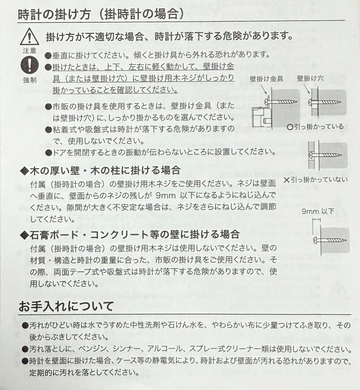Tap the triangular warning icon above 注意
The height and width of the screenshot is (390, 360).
(29, 37)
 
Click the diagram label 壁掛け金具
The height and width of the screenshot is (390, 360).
(266, 78)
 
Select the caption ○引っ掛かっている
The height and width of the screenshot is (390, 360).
(315, 126)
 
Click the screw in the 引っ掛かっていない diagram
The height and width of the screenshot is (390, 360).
(325, 155)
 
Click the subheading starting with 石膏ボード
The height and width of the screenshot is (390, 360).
(134, 234)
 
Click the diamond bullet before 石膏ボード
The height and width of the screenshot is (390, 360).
(24, 234)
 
